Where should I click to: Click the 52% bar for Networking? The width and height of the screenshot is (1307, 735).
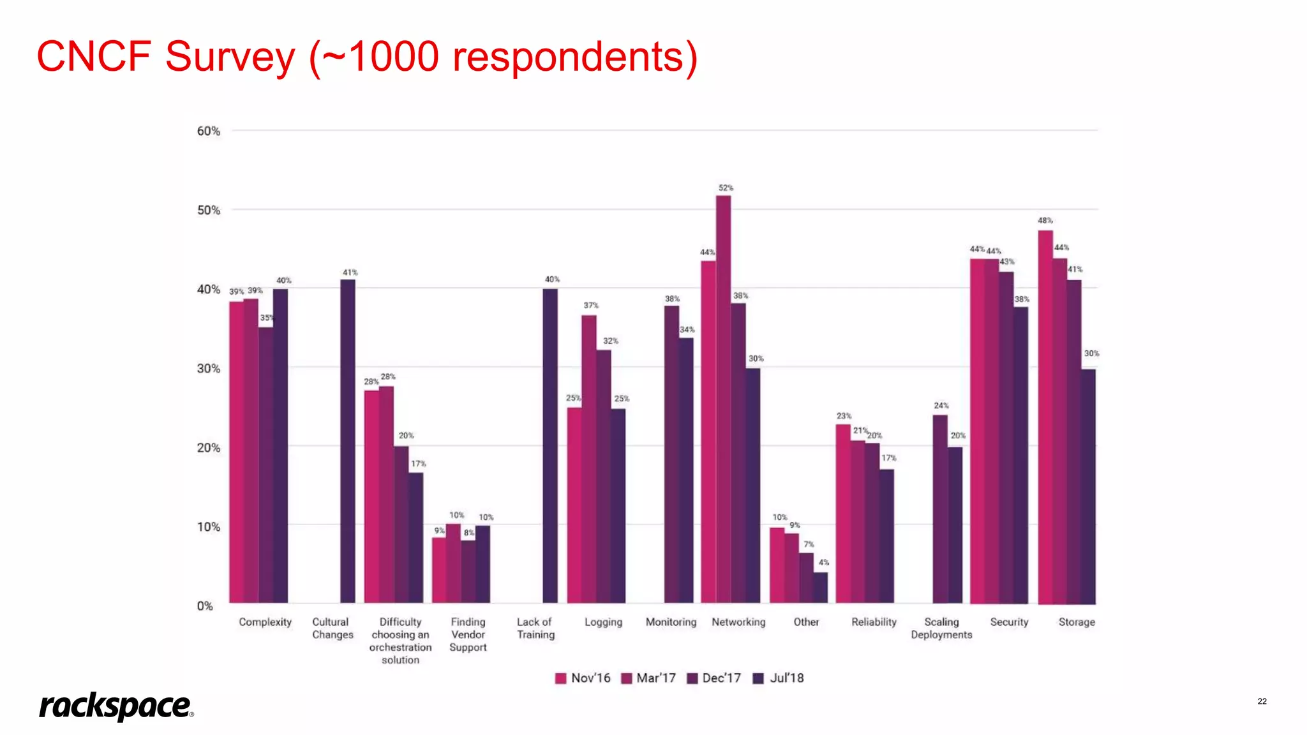pyautogui.click(x=723, y=399)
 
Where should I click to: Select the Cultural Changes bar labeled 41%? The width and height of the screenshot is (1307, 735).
pyautogui.click(x=348, y=440)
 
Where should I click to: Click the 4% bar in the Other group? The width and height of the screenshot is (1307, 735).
pyautogui.click(x=821, y=587)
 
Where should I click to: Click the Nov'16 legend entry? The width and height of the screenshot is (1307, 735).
pyautogui.click(x=583, y=678)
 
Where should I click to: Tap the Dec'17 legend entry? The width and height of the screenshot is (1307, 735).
pyautogui.click(x=714, y=678)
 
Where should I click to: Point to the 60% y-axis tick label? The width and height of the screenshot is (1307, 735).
pyautogui.click(x=208, y=131)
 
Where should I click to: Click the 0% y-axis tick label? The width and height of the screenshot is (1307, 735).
pyautogui.click(x=205, y=606)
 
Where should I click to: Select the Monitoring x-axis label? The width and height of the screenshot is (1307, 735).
pyautogui.click(x=671, y=622)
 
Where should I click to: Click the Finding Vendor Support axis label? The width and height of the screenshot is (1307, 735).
pyautogui.click(x=468, y=634)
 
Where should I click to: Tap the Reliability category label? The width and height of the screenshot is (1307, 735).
pyautogui.click(x=874, y=622)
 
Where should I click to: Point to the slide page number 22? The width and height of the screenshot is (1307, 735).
pyautogui.click(x=1262, y=701)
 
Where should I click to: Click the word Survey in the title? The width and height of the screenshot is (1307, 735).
pyautogui.click(x=230, y=57)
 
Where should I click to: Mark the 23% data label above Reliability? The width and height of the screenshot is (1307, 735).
pyautogui.click(x=844, y=416)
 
